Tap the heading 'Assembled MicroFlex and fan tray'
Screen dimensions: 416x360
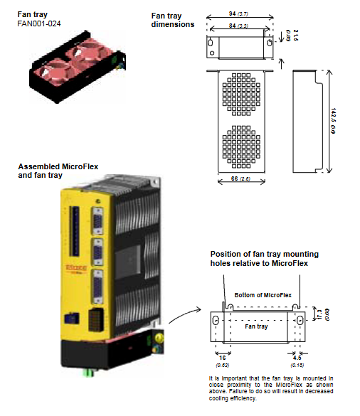pos(58,171)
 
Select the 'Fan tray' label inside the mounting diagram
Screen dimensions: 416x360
pos(255,327)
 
